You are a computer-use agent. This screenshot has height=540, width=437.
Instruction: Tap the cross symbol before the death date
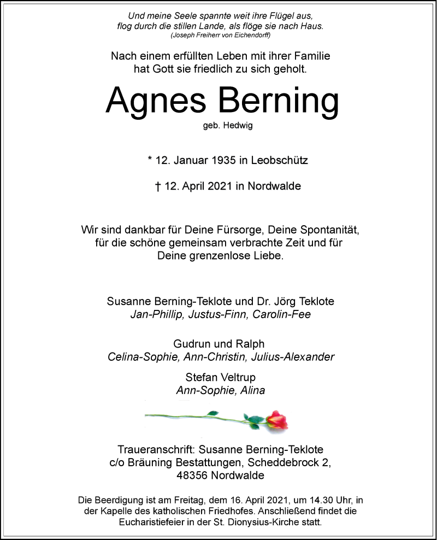click(158, 186)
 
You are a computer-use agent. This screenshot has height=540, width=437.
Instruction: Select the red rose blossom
click(277, 420)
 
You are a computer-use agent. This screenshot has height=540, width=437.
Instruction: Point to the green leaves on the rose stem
click(253, 420)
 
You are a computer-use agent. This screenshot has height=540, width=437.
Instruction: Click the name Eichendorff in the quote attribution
click(252, 35)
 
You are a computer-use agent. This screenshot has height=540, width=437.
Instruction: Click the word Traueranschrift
click(155, 449)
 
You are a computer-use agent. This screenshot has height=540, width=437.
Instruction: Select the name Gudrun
click(192, 344)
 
